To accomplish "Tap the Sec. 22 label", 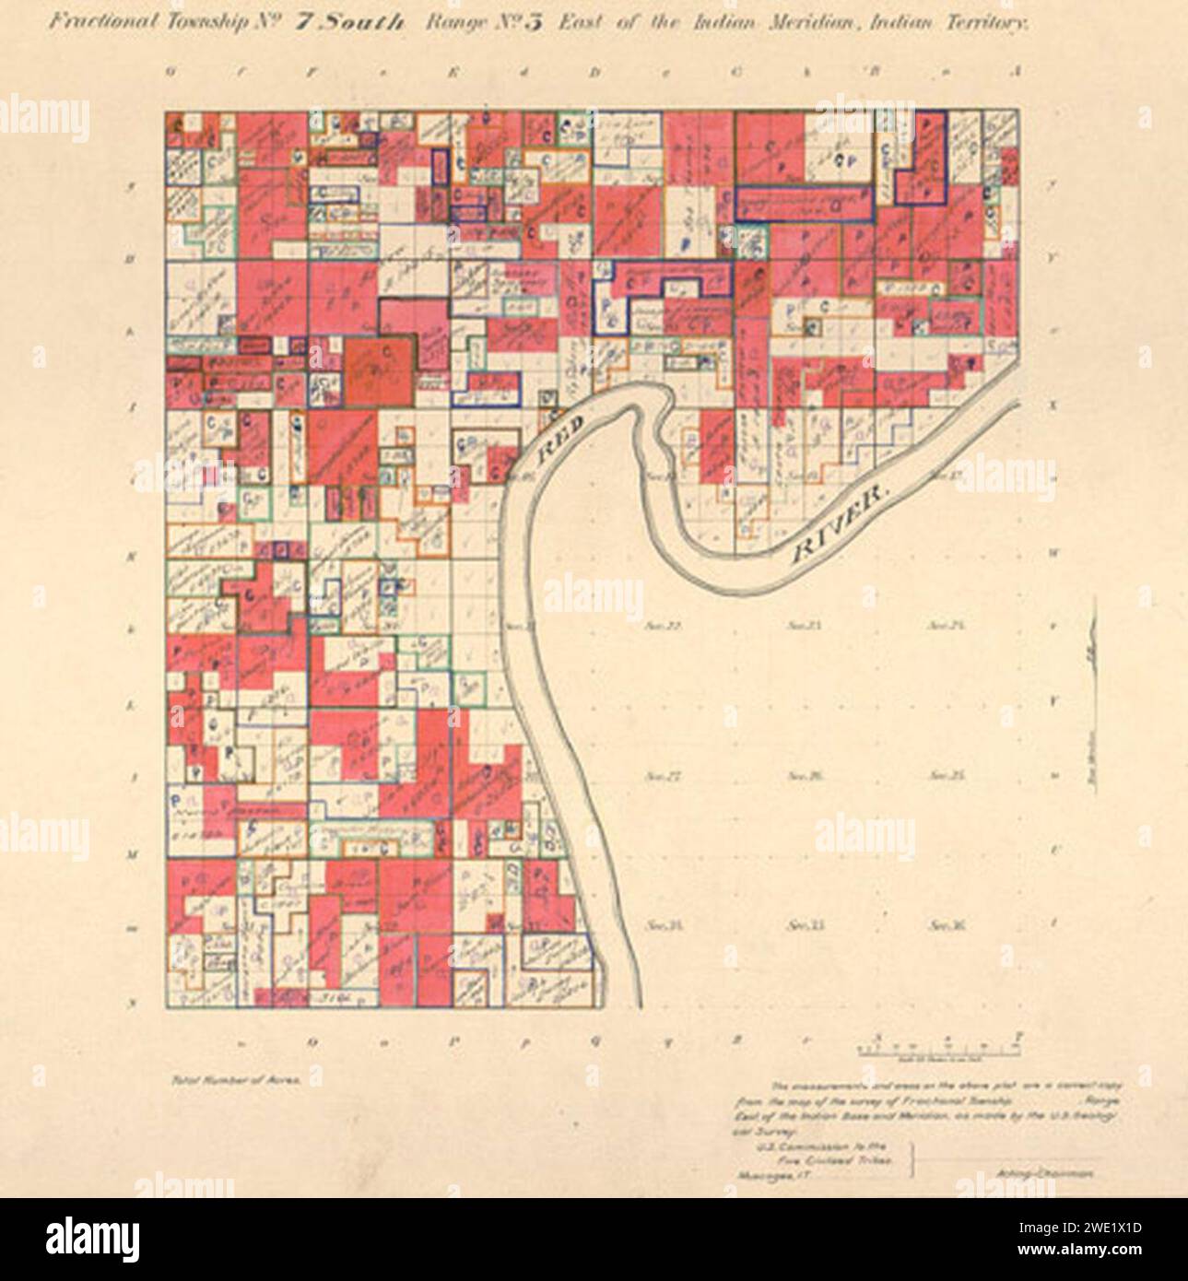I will coord(662,626).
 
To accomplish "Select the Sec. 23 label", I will coord(805,626).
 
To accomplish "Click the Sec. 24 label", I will coord(946,626).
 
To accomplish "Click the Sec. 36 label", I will coord(946,924).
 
